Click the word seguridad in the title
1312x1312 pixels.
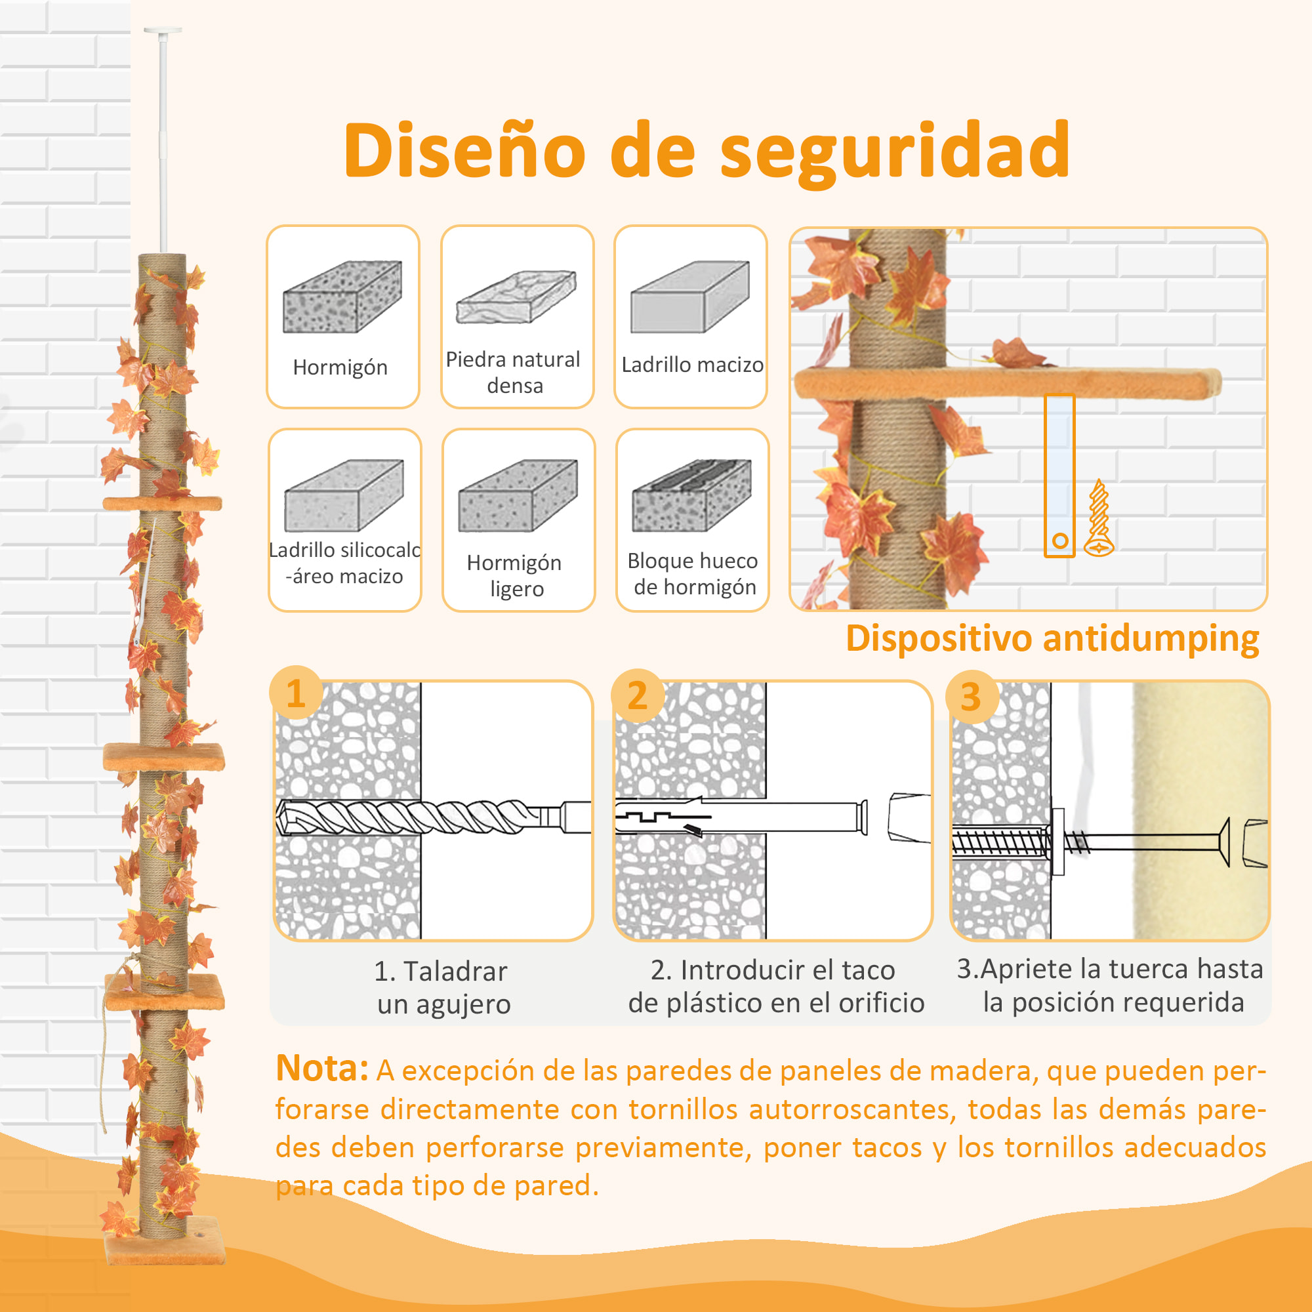tap(894, 151)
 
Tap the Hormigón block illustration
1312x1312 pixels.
tap(342, 297)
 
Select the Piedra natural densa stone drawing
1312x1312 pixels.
tap(516, 297)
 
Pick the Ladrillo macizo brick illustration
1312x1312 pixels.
tap(689, 297)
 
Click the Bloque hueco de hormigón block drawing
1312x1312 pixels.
tap(691, 495)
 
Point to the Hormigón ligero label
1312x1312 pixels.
tap(516, 575)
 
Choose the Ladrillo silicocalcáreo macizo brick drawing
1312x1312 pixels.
tap(344, 495)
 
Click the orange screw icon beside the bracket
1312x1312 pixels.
tap(1099, 519)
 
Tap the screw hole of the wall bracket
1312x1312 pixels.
tap(1060, 541)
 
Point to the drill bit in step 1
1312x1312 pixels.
tap(407, 816)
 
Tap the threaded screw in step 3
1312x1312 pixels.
tap(998, 842)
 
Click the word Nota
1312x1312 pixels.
tap(321, 1068)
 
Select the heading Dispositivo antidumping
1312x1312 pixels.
tap(1052, 639)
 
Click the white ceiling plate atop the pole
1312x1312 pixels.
tap(163, 31)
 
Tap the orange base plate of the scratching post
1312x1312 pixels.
tap(163, 1250)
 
